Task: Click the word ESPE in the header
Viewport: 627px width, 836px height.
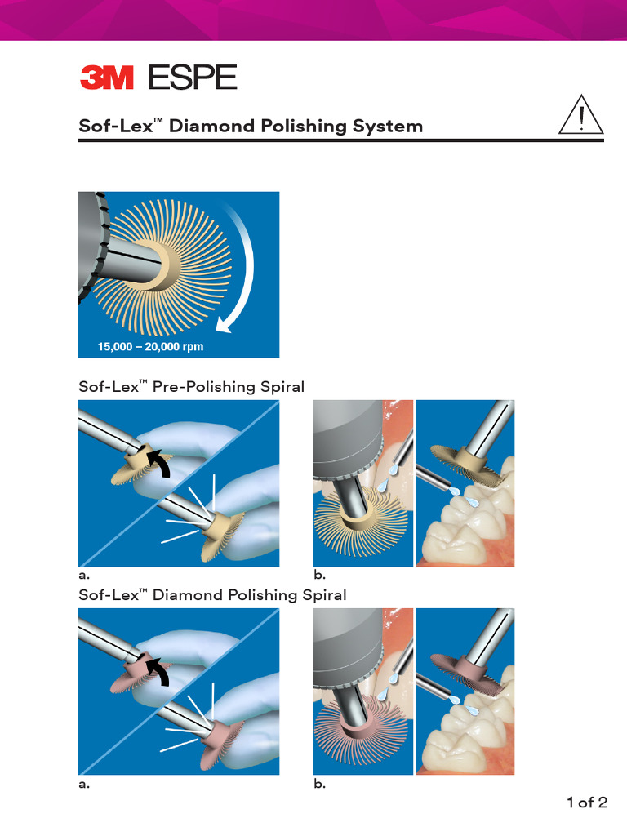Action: coord(192,78)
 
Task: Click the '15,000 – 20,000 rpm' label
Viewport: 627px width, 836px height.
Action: coord(140,347)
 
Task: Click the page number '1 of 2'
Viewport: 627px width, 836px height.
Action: coord(587,803)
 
